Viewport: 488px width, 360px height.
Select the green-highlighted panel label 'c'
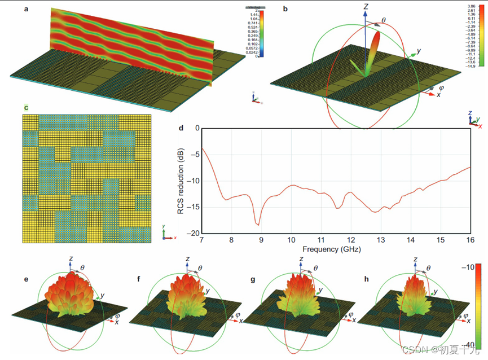click(x=26, y=107)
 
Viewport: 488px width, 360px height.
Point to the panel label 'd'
click(x=181, y=129)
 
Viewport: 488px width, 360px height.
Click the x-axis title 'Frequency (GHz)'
click(x=336, y=249)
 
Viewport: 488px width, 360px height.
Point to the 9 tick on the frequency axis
click(x=261, y=239)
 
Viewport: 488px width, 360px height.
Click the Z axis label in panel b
click(x=366, y=7)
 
